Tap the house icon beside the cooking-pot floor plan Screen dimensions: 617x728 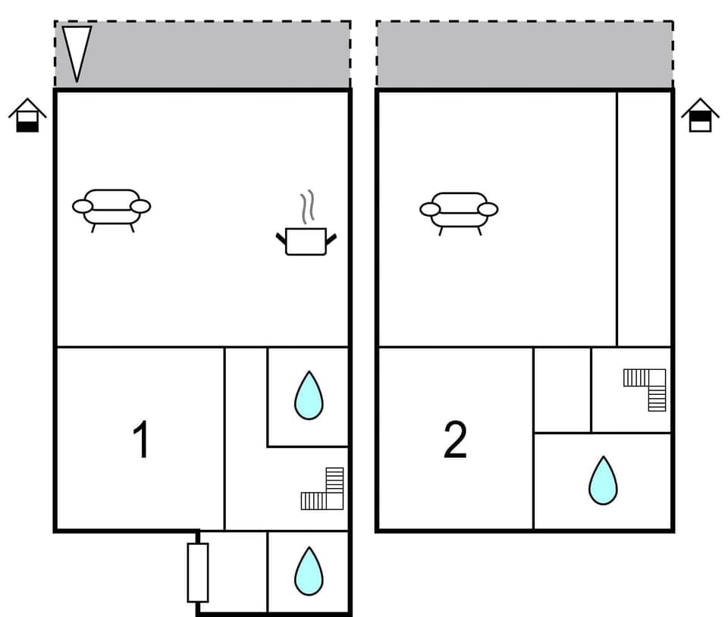coord(27,115)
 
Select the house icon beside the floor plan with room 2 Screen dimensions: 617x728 coord(700,115)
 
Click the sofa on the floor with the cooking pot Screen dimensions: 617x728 coord(111,208)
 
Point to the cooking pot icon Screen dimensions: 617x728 coord(306,241)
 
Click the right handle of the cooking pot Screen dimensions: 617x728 coord(331,239)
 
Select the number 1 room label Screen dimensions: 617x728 coord(141,440)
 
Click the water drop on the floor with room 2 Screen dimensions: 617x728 coord(603,481)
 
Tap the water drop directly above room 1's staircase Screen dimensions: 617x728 coord(309,395)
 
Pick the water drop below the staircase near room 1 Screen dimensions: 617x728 coord(309,571)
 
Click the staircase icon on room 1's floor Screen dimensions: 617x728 coord(325,490)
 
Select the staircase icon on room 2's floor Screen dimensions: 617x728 coord(647,388)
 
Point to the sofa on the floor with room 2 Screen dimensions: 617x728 coord(459,210)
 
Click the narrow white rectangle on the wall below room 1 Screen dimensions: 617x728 coord(198,572)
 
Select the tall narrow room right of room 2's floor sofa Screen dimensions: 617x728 coord(645,218)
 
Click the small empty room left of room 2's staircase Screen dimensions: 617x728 coord(562,390)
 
